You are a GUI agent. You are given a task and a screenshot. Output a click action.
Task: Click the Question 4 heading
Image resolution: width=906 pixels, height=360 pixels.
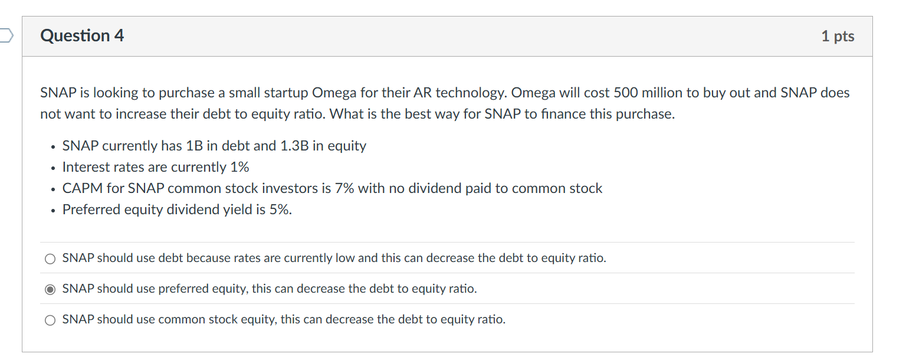coord(82,36)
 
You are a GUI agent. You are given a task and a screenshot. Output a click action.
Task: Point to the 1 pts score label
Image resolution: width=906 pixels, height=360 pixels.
coord(838,36)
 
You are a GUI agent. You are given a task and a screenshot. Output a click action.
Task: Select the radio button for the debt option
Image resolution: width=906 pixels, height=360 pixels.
coord(51,258)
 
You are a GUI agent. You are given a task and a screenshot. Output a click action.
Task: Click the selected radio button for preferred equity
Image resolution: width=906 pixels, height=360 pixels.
coord(51,289)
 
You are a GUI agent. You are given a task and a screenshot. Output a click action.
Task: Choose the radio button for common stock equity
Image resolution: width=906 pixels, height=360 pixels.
coord(51,320)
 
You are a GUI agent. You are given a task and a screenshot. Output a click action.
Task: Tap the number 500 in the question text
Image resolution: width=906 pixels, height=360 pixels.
coord(625,93)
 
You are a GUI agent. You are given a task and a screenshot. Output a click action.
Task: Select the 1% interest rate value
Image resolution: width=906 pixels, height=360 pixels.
coord(239,167)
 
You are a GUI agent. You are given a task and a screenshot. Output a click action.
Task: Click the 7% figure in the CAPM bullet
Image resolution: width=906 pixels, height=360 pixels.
coord(344,188)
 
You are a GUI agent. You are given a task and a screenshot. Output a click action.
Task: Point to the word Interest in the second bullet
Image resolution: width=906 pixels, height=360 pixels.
coord(85,167)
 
